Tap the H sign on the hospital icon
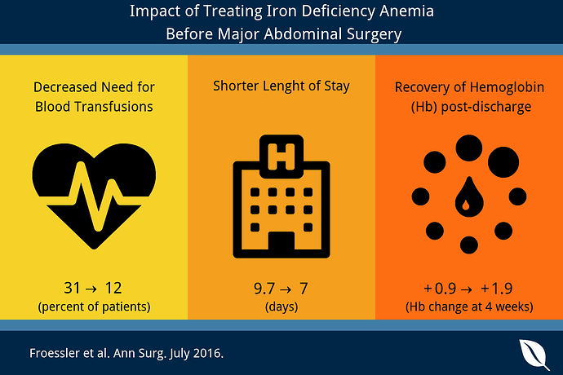(281, 157)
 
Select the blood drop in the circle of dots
(469, 197)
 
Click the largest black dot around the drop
(503, 162)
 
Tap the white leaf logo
(534, 354)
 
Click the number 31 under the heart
(72, 288)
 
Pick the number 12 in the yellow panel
(113, 288)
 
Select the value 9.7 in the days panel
(264, 289)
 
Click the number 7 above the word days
(304, 289)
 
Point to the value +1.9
(497, 289)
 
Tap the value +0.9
(440, 289)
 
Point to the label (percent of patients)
(94, 307)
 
